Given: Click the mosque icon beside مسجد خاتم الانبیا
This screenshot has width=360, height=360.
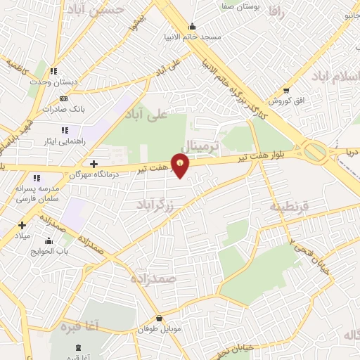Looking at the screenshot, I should tap(192, 27).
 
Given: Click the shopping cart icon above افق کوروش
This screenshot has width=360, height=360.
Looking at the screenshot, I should tap(285, 90).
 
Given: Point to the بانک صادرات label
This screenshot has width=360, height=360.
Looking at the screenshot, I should tap(63, 109).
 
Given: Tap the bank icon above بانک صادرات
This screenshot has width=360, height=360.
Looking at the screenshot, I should tap(64, 99).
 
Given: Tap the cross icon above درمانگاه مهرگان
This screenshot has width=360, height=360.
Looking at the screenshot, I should tap(94, 164).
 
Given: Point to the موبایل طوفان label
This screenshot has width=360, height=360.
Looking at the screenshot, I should tap(159, 328).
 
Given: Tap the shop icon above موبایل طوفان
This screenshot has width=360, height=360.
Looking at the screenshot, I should tap(159, 319).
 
